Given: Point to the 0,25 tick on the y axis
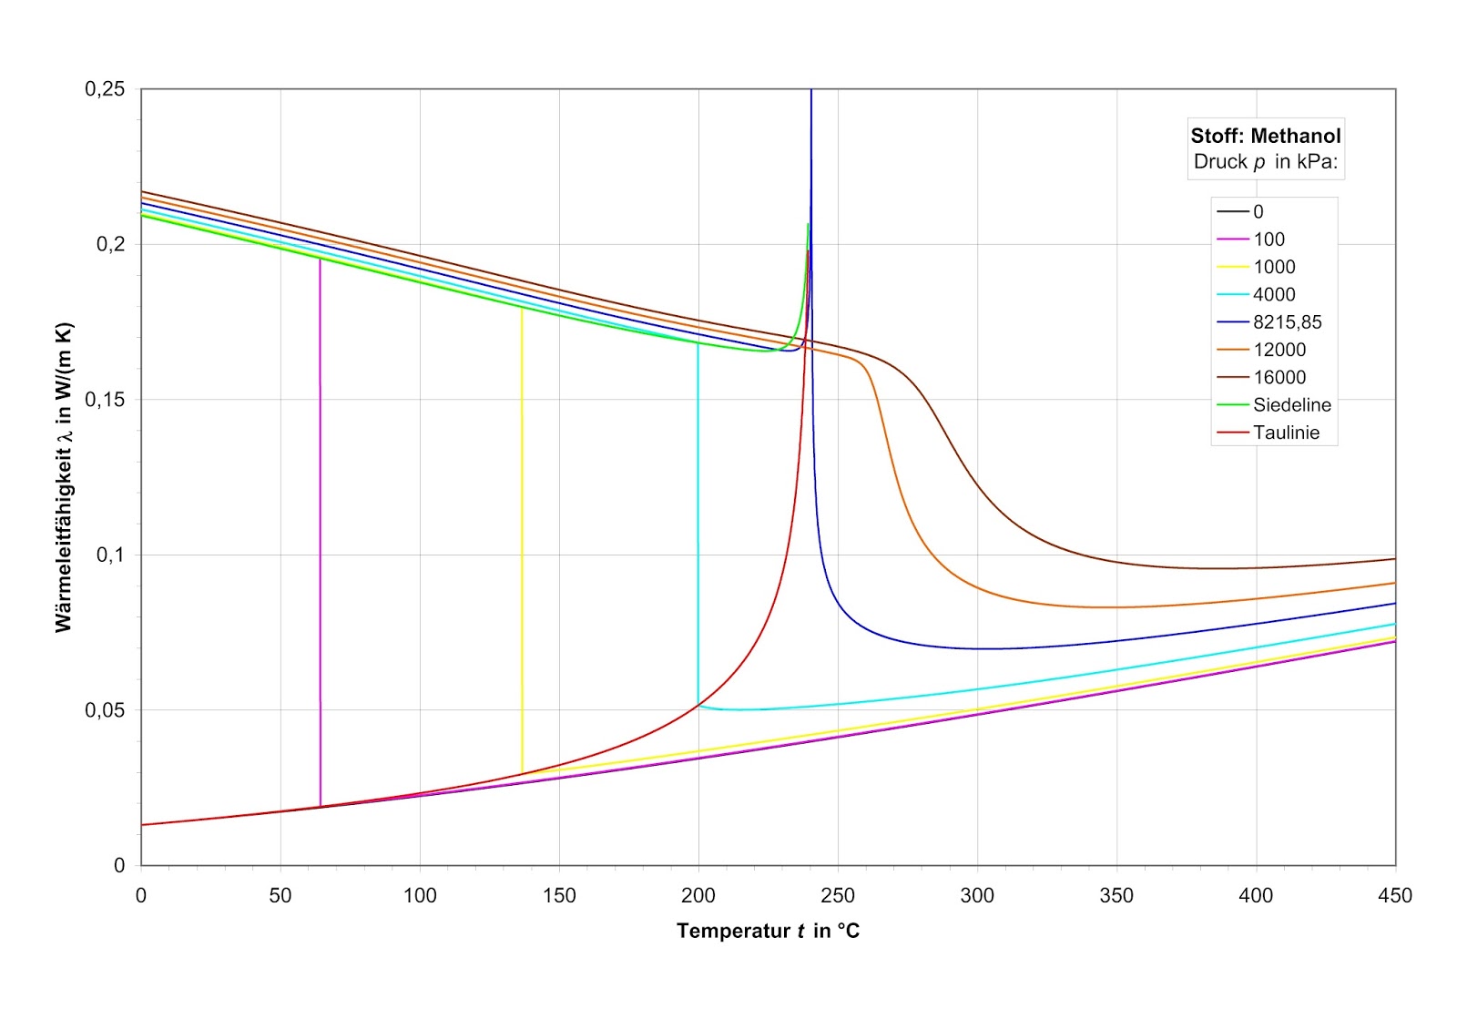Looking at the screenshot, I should [x=105, y=89].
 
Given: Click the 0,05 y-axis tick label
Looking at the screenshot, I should [x=105, y=710].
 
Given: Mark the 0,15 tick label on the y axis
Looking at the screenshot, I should [x=105, y=400].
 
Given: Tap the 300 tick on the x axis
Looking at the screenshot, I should [x=977, y=896].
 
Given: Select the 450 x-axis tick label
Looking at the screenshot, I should [x=1395, y=896].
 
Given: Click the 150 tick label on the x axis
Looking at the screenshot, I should [x=559, y=896].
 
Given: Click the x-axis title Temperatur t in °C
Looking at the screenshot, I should [x=768, y=931].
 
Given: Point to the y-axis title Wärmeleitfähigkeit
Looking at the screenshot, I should [x=63, y=477].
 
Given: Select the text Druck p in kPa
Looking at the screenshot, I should [x=1266, y=162].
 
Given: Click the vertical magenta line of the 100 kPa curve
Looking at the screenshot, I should [x=321, y=528].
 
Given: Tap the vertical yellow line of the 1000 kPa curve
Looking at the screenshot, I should [x=522, y=537].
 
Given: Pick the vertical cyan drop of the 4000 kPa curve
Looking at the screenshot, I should [x=698, y=519].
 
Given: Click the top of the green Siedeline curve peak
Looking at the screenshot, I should [x=808, y=225].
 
